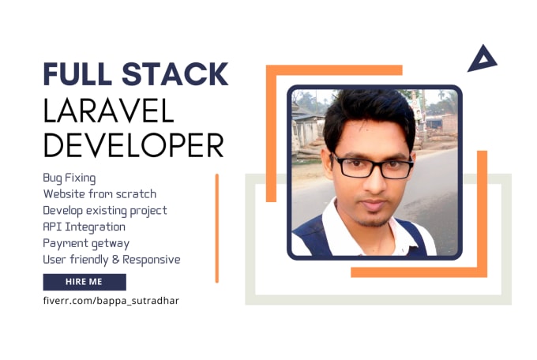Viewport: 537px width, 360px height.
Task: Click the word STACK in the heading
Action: point(175,74)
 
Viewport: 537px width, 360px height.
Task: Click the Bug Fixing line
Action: point(69,178)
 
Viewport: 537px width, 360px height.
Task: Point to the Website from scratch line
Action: point(100,193)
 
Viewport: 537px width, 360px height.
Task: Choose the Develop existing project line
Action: point(105,210)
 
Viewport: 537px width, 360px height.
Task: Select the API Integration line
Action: point(84,227)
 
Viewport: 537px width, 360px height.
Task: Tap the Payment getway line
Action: point(86,243)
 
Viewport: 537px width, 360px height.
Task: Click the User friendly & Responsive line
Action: point(111,259)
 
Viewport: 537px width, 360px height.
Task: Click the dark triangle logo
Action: point(481,59)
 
